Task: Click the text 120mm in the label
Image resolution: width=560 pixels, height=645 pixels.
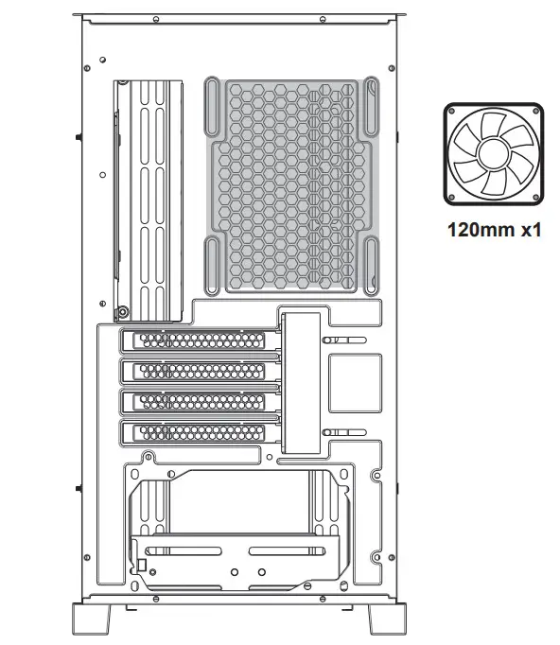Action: (477, 230)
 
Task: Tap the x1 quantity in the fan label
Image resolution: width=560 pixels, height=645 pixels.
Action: (527, 230)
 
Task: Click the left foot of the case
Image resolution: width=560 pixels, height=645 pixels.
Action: (92, 620)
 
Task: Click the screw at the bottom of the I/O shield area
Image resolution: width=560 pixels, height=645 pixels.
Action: (121, 311)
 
